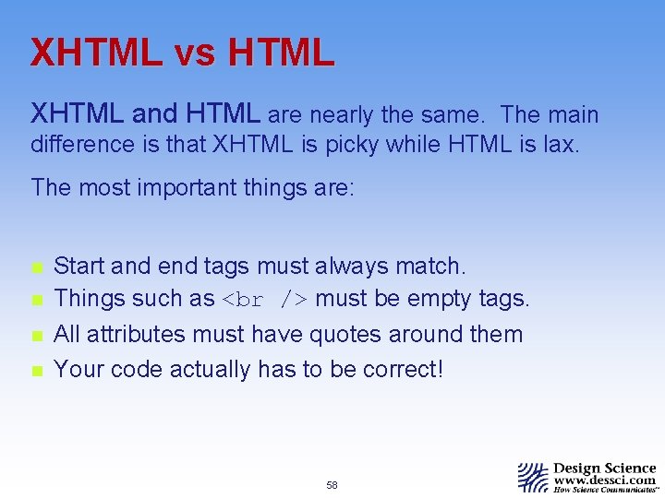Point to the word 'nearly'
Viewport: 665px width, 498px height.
click(x=341, y=115)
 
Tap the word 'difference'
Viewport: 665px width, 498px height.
click(x=82, y=145)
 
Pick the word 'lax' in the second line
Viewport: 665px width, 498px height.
click(x=562, y=145)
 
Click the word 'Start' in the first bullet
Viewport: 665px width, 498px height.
click(x=79, y=267)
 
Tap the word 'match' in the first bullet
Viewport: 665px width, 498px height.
click(x=430, y=267)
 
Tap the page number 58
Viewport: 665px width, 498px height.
click(x=332, y=485)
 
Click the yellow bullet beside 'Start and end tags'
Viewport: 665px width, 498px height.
click(x=36, y=267)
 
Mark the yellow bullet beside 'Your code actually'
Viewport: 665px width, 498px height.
click(x=36, y=370)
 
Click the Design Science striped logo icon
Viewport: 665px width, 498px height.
click(x=533, y=477)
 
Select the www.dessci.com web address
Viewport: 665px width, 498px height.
click(x=605, y=480)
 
